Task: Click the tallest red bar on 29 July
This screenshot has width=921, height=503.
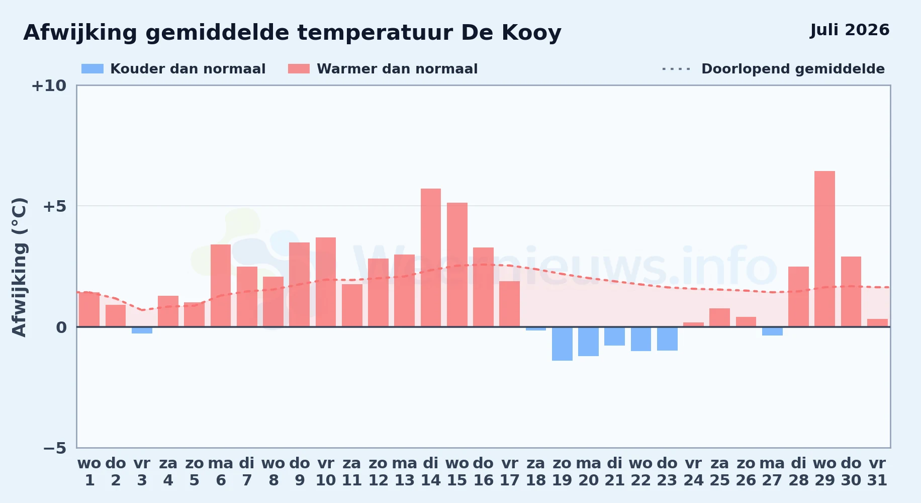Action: point(824,249)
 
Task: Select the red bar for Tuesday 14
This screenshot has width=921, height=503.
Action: point(431,258)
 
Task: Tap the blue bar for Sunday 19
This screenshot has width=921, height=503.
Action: point(562,344)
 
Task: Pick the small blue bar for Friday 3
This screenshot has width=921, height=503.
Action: point(142,330)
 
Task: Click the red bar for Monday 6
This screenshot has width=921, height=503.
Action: point(221,286)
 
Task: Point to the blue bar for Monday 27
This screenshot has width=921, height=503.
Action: point(772,331)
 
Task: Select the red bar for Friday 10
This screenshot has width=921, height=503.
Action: point(326,282)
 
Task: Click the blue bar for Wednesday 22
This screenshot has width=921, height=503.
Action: point(641,339)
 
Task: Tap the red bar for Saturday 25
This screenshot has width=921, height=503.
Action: point(719,317)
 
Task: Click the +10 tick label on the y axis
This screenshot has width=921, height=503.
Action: point(49,86)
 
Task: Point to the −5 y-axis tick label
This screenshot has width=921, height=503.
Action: point(54,448)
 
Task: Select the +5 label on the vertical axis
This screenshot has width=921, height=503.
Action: point(54,206)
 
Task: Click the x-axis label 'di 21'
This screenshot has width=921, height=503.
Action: point(614,471)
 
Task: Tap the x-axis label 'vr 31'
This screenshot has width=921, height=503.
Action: point(877,471)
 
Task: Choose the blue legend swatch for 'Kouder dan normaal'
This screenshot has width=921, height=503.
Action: point(93,69)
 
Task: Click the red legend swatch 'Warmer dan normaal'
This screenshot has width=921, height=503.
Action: point(299,69)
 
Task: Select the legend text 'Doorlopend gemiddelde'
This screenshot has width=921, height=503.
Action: point(793,69)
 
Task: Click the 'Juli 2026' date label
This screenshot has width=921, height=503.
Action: point(850,30)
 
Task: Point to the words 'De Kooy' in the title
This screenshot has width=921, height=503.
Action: point(511,33)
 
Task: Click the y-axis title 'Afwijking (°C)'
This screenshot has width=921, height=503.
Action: point(19,267)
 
